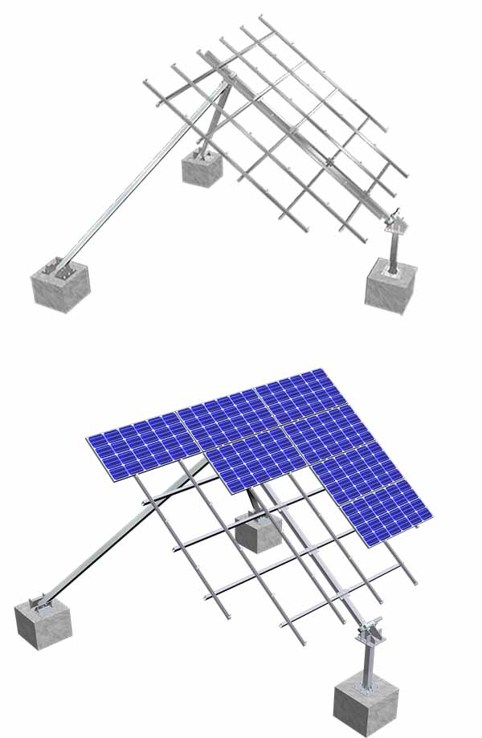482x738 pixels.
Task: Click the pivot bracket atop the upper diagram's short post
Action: [392, 219]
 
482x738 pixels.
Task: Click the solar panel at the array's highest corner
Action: [293, 393]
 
